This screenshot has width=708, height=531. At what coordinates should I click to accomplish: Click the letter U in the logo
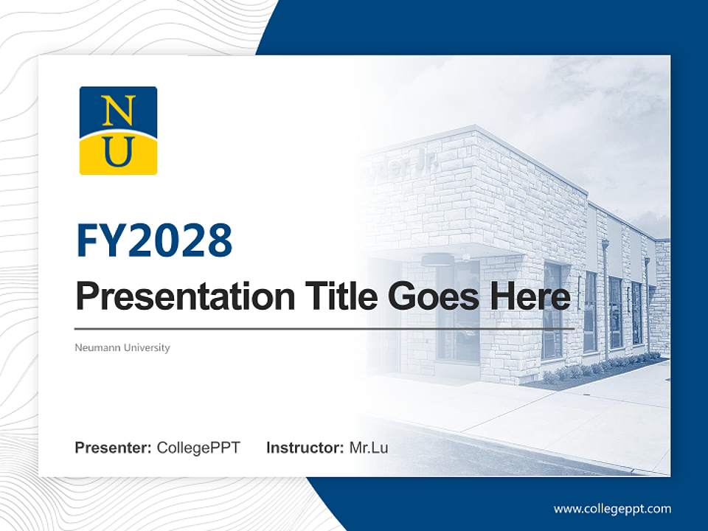118,152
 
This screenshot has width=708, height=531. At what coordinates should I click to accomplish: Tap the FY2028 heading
154,240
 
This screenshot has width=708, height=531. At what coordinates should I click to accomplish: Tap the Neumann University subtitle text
122,347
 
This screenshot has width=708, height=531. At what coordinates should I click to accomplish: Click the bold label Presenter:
114,448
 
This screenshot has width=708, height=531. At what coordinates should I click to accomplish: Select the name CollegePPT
198,448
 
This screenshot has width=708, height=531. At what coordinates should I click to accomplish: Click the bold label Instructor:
305,448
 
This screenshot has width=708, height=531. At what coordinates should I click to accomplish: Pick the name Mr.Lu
369,448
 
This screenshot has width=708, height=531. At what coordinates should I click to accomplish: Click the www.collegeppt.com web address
612,509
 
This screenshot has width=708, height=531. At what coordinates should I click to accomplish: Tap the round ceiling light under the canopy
437,259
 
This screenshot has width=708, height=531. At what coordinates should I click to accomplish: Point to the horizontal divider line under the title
324,328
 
